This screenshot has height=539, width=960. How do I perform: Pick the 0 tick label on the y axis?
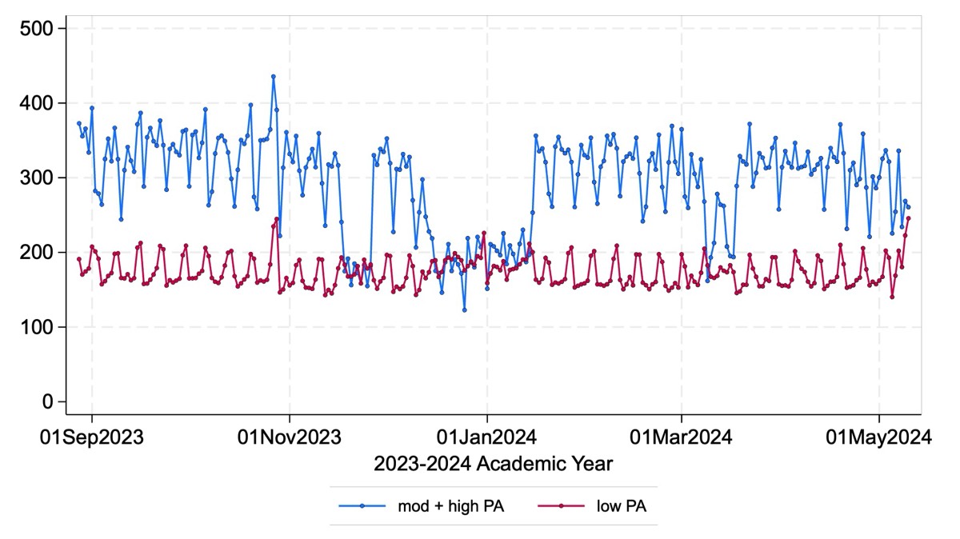point(48,401)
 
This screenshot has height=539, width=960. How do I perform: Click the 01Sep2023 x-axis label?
point(93,437)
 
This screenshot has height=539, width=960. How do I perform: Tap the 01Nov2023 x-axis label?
point(290,437)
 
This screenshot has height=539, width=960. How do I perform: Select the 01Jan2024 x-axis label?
point(486,437)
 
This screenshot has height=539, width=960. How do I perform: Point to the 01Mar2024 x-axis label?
point(682,437)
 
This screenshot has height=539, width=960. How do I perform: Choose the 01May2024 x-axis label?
point(879,437)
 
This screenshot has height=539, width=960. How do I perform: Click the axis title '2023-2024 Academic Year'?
point(493,463)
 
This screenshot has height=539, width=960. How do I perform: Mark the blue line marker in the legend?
point(362,505)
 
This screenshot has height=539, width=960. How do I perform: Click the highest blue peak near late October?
point(273,77)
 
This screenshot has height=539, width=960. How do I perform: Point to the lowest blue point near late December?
point(464,309)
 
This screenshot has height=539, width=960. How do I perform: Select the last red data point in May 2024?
point(908,218)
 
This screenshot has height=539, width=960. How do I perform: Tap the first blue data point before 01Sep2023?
point(78,123)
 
